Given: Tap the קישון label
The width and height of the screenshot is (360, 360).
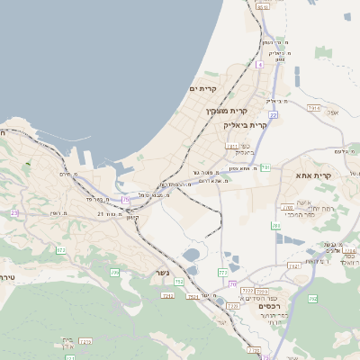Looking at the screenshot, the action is coord(133,217).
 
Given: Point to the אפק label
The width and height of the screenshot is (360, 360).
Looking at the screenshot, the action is coord(334,112).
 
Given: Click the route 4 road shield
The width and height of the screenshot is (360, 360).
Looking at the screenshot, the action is coord(259,65).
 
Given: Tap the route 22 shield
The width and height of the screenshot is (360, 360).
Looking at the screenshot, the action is coord(274,115).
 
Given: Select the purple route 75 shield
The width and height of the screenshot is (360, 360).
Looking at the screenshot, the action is coord(126,198).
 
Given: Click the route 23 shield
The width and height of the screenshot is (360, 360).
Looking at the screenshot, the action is coord(14,212).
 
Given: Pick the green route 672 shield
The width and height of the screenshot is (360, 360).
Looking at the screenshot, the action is coord(61,249).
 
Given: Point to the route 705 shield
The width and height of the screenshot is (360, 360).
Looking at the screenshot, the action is coord(114,272).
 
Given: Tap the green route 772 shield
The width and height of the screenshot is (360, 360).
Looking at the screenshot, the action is coord(222,272).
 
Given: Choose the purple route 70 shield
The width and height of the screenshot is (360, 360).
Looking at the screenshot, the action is coord(231,284).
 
